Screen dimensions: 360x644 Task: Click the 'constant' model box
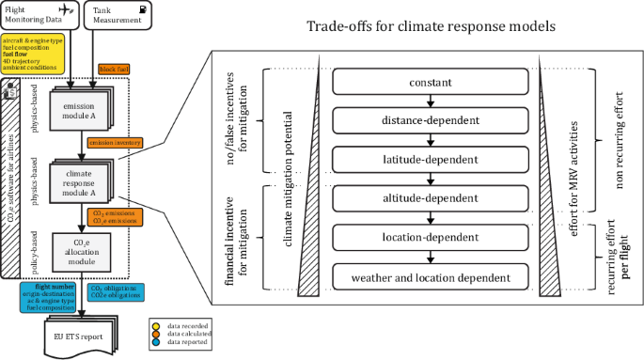pyautogui.click(x=432, y=84)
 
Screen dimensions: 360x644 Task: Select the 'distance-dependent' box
pyautogui.click(x=432, y=119)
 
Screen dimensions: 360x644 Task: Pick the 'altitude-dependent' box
pyautogui.click(x=432, y=199)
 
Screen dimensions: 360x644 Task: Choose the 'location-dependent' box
pyautogui.click(x=432, y=238)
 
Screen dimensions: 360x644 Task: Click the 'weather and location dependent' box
pyautogui.click(x=432, y=277)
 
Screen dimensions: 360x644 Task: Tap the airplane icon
pyautogui.click(x=64, y=8)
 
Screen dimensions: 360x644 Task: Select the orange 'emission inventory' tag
pyautogui.click(x=115, y=143)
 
